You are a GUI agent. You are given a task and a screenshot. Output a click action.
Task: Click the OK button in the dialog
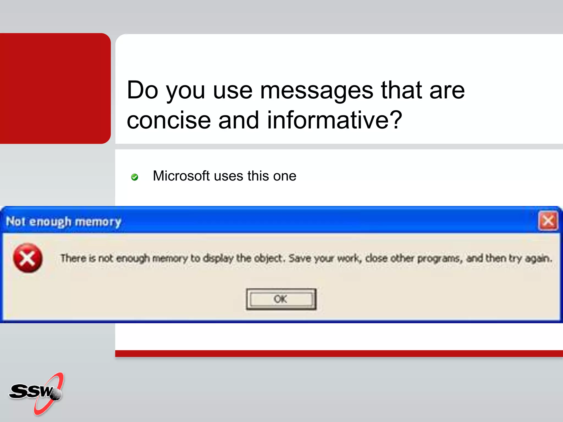pos(281,299)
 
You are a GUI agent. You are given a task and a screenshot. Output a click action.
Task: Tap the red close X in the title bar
pos(548,221)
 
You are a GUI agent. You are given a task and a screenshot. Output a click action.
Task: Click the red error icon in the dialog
pos(28,258)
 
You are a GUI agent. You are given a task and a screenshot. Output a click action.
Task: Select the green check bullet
pos(134,177)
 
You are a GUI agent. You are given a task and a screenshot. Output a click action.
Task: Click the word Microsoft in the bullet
pos(181,176)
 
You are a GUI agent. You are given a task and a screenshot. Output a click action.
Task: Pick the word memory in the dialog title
pos(98,221)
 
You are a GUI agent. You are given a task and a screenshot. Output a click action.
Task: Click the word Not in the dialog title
pos(16,221)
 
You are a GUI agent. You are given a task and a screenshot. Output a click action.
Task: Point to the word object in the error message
pos(268,258)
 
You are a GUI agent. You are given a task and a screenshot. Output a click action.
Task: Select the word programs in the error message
pos(439,259)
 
